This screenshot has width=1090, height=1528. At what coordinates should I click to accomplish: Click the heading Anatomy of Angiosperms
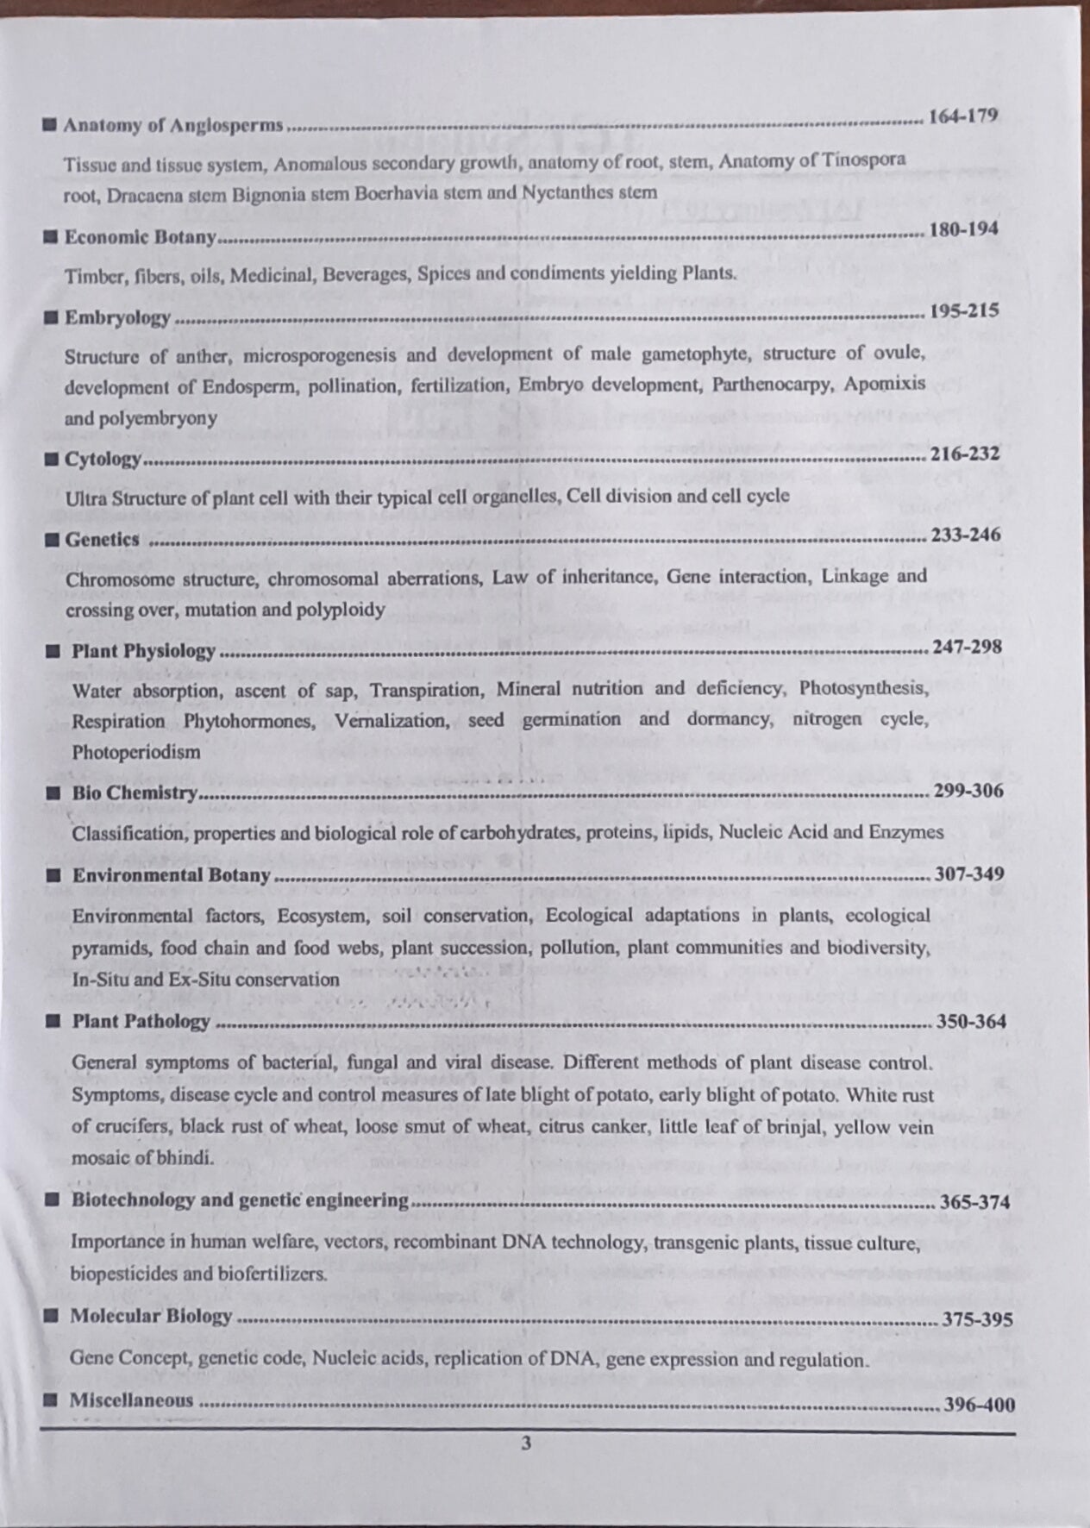coord(172,125)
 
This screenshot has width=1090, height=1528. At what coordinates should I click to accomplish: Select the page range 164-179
coord(962,116)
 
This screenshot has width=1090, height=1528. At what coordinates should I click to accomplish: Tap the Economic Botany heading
coord(140,237)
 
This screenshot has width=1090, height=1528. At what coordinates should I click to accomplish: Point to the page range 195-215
coord(964,310)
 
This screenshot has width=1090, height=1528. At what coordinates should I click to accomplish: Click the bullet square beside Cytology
coord(52,459)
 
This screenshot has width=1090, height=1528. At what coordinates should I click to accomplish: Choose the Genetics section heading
coord(102,540)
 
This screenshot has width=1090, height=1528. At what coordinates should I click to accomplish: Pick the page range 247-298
coord(967,646)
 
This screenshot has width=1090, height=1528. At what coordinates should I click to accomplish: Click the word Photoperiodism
coord(135,752)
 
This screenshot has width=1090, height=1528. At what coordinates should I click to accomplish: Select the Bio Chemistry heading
coord(135,792)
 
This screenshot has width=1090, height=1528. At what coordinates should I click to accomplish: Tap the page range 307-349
coord(968,874)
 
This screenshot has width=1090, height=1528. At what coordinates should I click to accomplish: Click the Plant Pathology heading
coord(141,1022)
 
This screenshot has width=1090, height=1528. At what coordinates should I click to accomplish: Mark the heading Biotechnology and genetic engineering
coord(240,1199)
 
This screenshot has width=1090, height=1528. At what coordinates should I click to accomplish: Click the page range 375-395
coord(977,1319)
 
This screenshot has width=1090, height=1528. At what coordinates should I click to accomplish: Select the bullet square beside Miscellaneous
coord(52,1399)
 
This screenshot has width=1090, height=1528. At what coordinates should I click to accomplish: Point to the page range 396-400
coord(979,1404)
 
